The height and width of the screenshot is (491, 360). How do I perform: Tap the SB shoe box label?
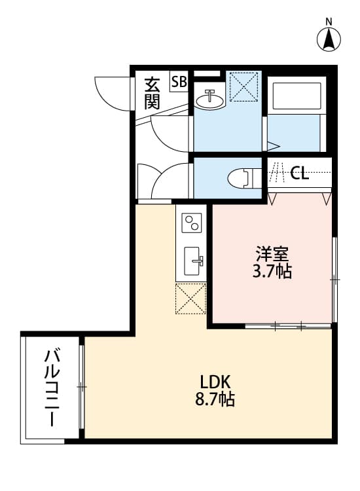(x=179, y=82)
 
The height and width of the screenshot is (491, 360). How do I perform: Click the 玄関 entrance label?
(x=153, y=93)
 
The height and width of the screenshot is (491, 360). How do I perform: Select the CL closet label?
(x=300, y=173)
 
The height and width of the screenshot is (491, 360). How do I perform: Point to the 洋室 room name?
(x=272, y=253)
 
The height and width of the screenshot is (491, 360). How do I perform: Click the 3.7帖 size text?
(x=272, y=270)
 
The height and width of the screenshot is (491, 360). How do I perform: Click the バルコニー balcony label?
(x=51, y=388)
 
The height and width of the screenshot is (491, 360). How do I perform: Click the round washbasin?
(x=210, y=98)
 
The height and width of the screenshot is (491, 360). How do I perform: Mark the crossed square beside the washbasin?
(x=242, y=87)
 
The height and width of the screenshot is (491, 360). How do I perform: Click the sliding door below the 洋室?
(x=288, y=325)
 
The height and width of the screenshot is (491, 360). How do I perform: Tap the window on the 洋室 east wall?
(x=334, y=280)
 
